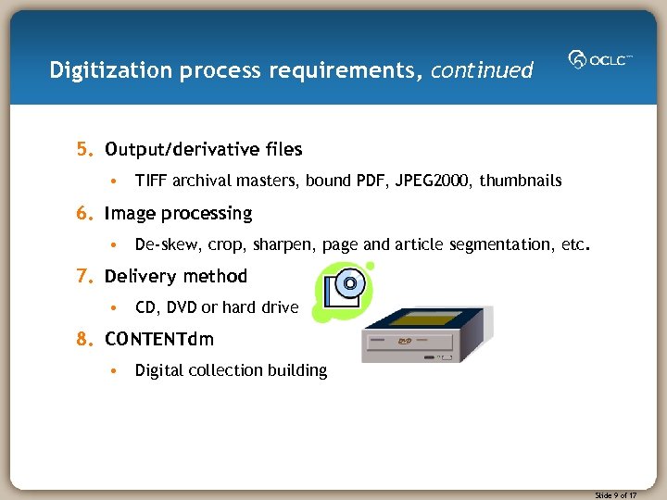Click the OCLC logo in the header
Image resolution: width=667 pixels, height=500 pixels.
[600, 59]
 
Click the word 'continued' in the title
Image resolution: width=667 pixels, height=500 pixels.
[482, 70]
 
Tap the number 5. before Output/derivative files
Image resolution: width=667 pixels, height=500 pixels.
[85, 149]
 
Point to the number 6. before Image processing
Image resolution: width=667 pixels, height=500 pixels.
[85, 213]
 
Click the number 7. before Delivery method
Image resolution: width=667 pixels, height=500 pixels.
[85, 276]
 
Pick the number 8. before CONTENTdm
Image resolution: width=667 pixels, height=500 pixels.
[85, 339]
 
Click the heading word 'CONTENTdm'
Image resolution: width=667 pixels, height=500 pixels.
[159, 339]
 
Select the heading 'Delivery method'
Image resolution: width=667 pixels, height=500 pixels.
[176, 276]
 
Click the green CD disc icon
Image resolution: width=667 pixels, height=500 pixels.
[346, 290]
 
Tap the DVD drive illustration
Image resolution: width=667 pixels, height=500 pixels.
[426, 334]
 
